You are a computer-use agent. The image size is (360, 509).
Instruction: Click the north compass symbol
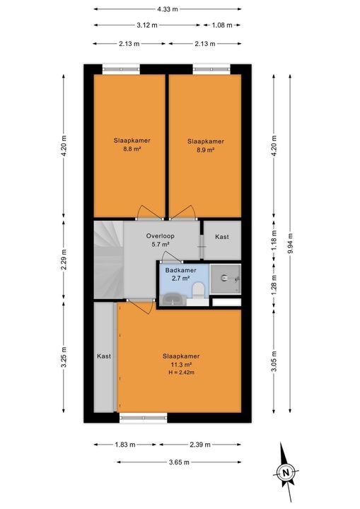[285, 470]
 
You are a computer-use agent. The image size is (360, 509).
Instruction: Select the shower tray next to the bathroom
[226, 278]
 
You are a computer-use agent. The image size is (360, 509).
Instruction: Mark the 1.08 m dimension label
[222, 25]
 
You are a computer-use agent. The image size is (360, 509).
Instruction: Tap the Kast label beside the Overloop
[221, 237]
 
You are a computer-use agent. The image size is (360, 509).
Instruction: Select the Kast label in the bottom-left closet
[104, 358]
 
